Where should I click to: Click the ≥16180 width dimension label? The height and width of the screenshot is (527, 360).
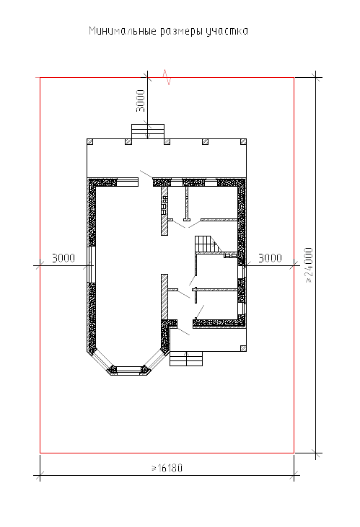167,468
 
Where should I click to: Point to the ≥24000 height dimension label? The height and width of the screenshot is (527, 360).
309,265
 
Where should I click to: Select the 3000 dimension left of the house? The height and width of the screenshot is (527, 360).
63,258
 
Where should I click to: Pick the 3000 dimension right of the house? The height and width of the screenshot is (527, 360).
270,258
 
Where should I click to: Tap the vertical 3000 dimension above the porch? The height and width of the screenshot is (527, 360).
141,101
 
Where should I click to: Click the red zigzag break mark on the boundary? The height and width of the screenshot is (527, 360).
167,77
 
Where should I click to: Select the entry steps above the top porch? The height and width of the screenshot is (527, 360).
148,131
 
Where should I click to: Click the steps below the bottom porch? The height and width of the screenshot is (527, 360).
186,358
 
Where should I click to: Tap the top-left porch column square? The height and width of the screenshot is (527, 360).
90,142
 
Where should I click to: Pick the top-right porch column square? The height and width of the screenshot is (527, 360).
243,142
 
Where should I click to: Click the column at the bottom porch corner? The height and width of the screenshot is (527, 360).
243,348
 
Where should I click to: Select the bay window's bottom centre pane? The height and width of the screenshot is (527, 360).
128,371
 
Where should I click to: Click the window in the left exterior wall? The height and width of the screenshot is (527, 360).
91,265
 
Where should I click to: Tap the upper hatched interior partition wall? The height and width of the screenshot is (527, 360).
164,211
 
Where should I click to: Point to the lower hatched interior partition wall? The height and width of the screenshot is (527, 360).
164,297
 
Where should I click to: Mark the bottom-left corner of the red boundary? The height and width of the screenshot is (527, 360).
40,453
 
